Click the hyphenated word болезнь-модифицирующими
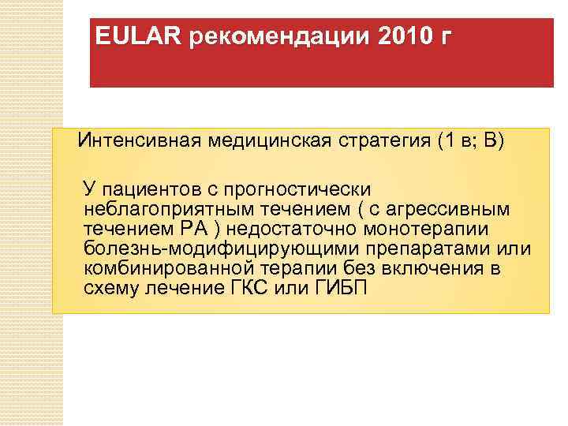tap(199, 248)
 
